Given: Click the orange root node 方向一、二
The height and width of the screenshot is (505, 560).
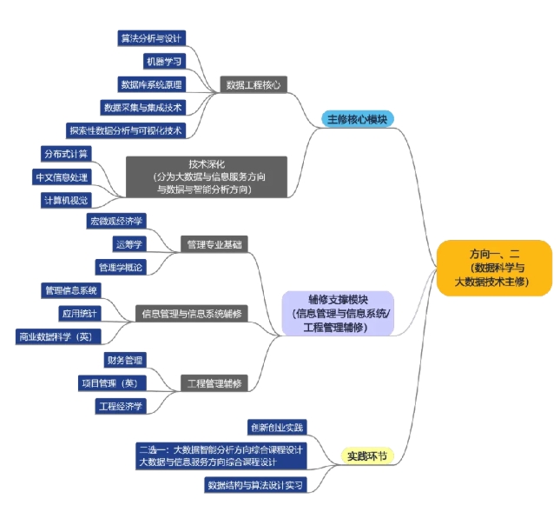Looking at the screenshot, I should [x=494, y=268].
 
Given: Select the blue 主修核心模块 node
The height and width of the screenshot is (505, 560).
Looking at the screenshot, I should [x=358, y=118].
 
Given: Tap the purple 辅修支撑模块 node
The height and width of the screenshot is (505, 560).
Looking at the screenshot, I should [x=337, y=313].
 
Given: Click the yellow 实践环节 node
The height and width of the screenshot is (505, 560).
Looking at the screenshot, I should [x=369, y=455].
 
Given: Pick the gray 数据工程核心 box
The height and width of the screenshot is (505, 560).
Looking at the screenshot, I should [x=253, y=85].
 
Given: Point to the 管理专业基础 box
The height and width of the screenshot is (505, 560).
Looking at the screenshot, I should [x=214, y=245].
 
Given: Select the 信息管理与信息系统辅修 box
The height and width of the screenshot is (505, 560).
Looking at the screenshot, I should [x=192, y=313].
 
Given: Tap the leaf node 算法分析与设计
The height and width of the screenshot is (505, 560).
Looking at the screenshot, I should [x=152, y=38].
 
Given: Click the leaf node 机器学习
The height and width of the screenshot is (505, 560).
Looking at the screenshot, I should [x=165, y=62].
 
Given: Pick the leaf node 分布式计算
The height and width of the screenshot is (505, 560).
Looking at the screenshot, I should [x=65, y=154].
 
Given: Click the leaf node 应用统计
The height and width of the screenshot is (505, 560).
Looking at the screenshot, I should [x=80, y=313].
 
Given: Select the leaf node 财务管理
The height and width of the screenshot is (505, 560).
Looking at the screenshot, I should [x=125, y=360].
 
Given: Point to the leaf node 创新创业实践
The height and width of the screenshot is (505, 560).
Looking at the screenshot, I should [x=278, y=427].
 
